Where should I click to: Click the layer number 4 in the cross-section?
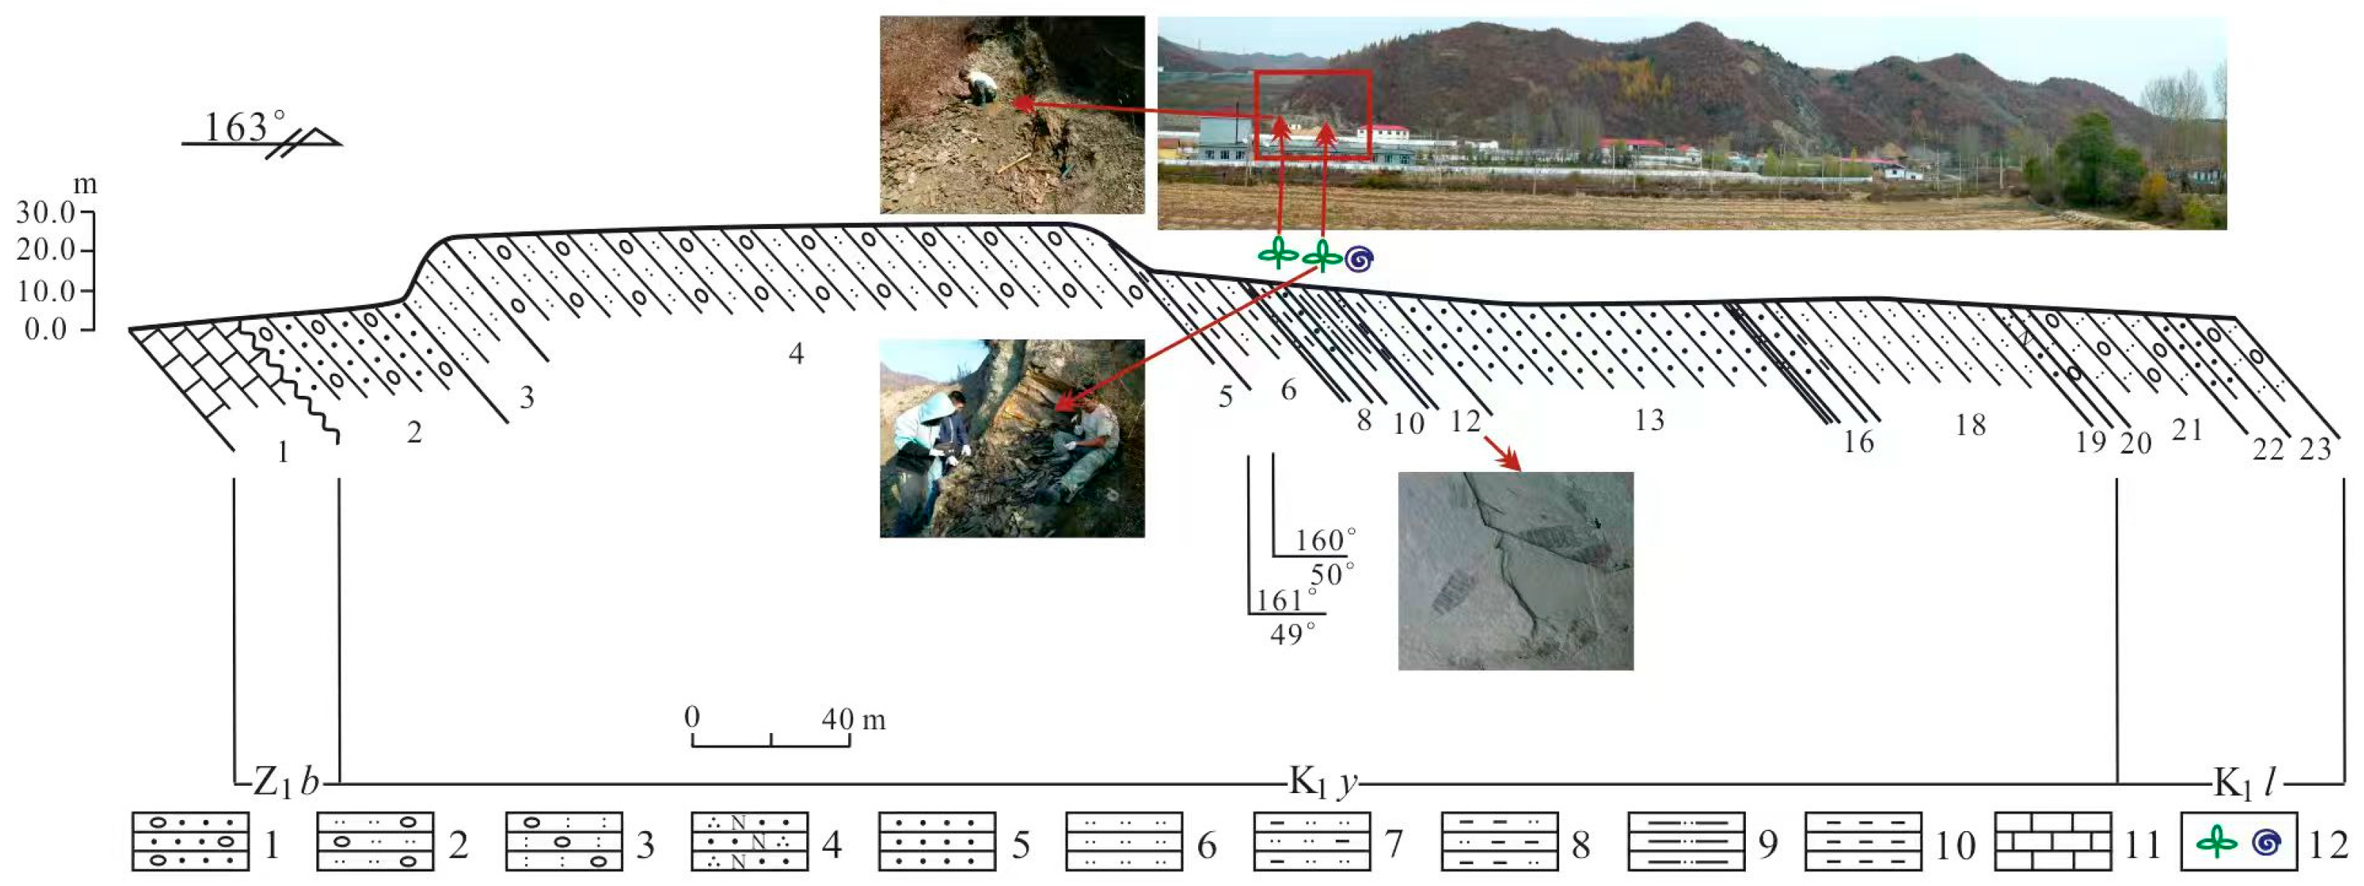[795, 353]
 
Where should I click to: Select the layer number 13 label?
[1649, 420]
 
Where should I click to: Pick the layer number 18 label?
[1969, 424]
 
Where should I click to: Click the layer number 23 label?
[2316, 449]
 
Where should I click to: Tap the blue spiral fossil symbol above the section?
[1359, 260]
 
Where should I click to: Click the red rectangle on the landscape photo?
[1312, 115]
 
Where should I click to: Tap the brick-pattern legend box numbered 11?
[2053, 841]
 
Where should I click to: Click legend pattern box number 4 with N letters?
[749, 841]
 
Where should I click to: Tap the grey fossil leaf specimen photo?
[1515, 571]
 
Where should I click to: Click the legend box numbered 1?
[190, 841]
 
